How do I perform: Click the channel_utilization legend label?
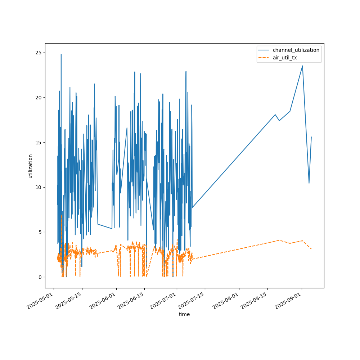tap(296, 50)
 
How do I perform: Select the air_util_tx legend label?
tap(285, 57)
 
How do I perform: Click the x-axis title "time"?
tap(184, 314)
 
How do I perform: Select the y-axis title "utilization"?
tap(30, 166)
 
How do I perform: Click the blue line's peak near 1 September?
tap(302, 66)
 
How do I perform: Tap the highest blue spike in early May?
tap(61, 54)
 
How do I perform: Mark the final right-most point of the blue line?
tap(311, 137)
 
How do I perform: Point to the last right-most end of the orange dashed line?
tap(311, 249)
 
